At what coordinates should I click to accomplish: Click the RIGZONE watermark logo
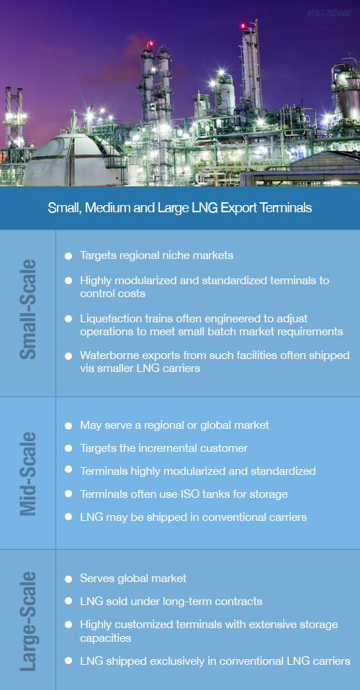click(x=329, y=13)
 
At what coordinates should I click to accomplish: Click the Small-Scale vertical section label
click(x=29, y=309)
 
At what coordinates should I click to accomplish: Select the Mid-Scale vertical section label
click(x=29, y=473)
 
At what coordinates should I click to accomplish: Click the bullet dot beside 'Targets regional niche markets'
click(x=68, y=255)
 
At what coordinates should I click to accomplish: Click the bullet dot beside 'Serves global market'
click(x=68, y=578)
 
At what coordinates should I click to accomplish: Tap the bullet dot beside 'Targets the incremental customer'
click(x=68, y=448)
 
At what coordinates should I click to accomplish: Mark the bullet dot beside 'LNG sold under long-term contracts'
click(x=68, y=601)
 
